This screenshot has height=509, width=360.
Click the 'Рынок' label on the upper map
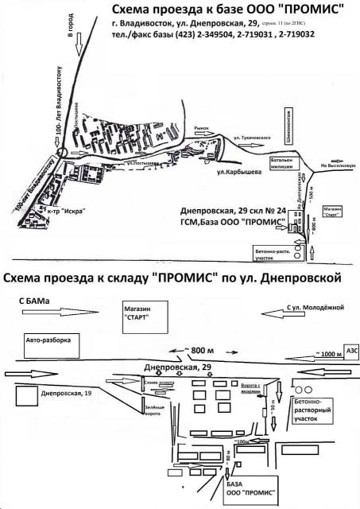203,126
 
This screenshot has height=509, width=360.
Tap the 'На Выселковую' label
337,166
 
